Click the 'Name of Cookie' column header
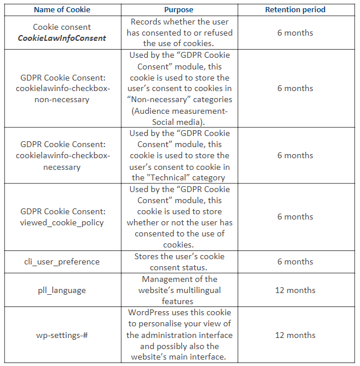(61, 10)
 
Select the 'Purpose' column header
(179, 10)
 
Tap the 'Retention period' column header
(295, 10)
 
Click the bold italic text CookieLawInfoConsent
(62, 38)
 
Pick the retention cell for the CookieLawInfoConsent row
(295, 33)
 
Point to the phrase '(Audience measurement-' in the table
(179, 111)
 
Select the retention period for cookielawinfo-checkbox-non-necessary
(295, 88)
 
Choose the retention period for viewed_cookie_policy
(295, 217)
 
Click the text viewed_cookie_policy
(62, 222)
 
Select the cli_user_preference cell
(62, 262)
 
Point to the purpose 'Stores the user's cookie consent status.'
(179, 262)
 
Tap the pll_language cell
(62, 290)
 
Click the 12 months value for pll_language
(295, 290)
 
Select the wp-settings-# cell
(62, 335)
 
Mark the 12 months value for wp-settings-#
(295, 335)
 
